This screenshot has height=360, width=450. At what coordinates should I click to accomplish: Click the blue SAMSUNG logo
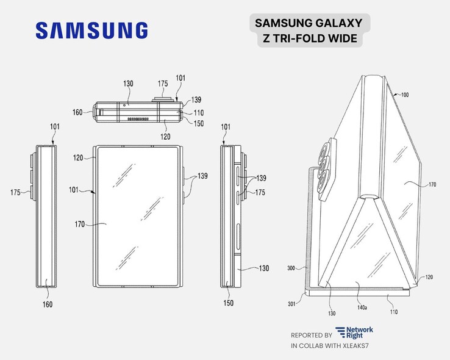click(x=91, y=31)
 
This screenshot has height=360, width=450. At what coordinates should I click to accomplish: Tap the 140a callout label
click(x=362, y=309)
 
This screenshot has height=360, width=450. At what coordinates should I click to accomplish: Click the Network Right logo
click(x=355, y=333)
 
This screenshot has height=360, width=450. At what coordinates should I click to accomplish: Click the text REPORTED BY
click(x=312, y=335)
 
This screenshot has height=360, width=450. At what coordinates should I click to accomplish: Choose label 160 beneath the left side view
click(x=47, y=304)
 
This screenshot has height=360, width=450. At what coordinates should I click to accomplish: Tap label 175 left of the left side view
click(x=17, y=192)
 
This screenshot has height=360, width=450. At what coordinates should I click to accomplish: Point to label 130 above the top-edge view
click(x=128, y=83)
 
